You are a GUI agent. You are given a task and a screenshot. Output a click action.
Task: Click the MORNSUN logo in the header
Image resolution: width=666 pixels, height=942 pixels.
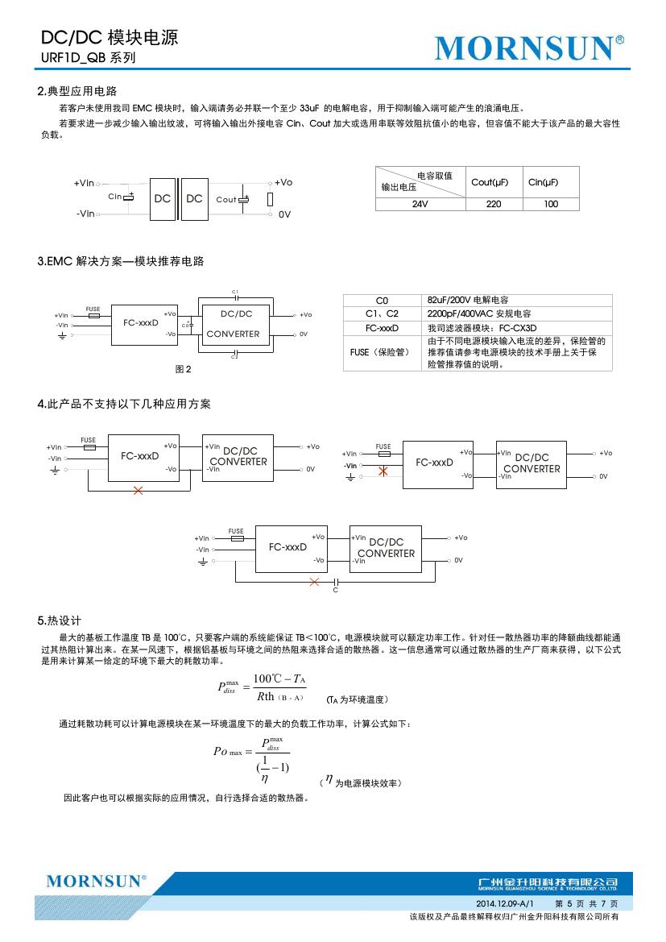[529, 48]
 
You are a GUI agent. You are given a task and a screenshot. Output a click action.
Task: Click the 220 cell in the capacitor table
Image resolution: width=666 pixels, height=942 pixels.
[493, 204]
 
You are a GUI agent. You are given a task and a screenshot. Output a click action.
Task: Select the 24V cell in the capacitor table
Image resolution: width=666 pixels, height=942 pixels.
[420, 204]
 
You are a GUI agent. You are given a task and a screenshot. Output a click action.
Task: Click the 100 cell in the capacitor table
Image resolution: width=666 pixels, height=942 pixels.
[551, 204]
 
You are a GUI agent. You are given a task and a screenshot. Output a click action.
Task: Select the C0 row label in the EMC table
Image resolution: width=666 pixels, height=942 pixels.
[383, 300]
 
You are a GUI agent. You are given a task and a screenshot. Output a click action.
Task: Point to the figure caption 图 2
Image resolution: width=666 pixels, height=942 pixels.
[183, 369]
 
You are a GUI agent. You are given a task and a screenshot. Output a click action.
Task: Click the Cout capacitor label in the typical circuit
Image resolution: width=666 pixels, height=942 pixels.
[226, 199]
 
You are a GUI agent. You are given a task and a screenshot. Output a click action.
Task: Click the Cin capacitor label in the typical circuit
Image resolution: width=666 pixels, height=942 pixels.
[114, 196]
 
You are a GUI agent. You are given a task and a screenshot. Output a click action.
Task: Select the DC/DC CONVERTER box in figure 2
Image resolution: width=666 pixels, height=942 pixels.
[234, 324]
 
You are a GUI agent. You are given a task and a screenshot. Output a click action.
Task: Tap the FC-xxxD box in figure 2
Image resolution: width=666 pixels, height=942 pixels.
[141, 323]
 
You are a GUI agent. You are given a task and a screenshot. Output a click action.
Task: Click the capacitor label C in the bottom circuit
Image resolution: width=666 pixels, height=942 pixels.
[335, 591]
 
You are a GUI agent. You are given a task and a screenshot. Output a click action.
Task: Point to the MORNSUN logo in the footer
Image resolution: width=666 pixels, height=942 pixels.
[96, 881]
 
